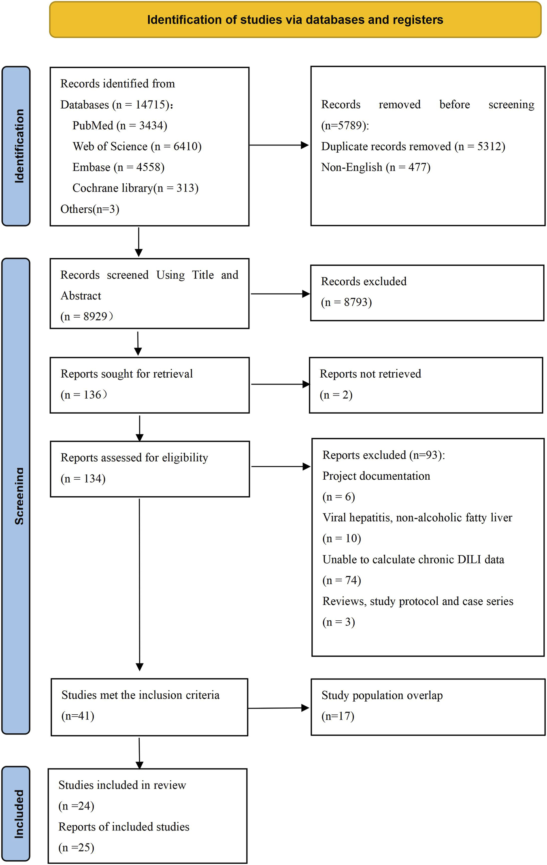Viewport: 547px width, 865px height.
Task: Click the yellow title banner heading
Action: [x=295, y=20]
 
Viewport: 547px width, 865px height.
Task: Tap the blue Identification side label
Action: [x=16, y=146]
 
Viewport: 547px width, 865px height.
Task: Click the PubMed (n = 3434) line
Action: [x=119, y=126]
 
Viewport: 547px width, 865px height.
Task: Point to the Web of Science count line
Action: [x=137, y=146]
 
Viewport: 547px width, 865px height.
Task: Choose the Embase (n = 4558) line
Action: [x=118, y=167]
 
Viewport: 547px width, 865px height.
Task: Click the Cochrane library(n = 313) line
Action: [x=135, y=188]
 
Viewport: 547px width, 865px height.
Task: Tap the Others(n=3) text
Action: [x=89, y=209]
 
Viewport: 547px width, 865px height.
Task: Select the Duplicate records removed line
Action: [x=413, y=146]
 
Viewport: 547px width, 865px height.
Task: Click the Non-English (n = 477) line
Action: [x=375, y=167]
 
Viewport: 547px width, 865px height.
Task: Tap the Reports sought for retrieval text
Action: [x=126, y=374]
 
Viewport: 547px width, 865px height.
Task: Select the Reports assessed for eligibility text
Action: [x=134, y=457]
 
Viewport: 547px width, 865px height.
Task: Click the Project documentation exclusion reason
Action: [x=376, y=476]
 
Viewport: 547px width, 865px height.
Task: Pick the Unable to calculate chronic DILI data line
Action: [x=413, y=560]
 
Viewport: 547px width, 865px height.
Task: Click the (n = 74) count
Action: [x=341, y=581]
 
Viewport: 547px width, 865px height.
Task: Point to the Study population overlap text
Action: [x=382, y=695]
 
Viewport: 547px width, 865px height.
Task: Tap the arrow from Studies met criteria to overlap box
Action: [x=279, y=708]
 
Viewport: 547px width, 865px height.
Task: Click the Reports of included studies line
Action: [x=123, y=827]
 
